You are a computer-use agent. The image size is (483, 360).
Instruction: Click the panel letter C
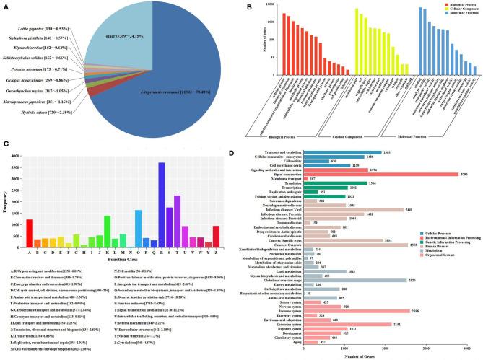(6, 145)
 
